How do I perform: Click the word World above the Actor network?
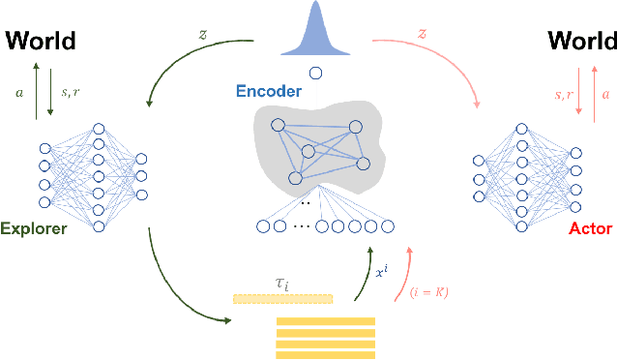click(581, 42)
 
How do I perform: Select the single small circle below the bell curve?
click(315, 73)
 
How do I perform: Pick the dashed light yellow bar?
click(282, 299)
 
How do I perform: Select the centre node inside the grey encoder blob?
click(308, 151)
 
